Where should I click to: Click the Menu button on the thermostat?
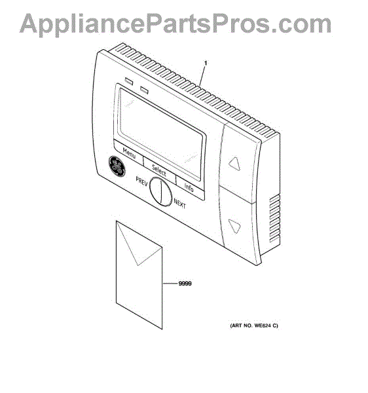(129, 153)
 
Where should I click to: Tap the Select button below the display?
(159, 170)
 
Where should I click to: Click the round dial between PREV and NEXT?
(160, 192)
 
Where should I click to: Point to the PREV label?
(141, 181)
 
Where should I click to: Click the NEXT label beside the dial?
(179, 203)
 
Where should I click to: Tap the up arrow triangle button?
(234, 164)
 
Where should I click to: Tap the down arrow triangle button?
(234, 226)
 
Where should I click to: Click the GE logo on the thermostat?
(117, 166)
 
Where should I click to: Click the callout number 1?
(206, 63)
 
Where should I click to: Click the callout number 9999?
(185, 284)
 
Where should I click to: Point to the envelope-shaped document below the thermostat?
(139, 274)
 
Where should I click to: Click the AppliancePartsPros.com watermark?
(175, 24)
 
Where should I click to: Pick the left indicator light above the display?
(129, 81)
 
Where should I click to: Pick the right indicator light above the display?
(144, 90)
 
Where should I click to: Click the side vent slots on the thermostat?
(275, 219)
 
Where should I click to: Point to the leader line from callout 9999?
(170, 284)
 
